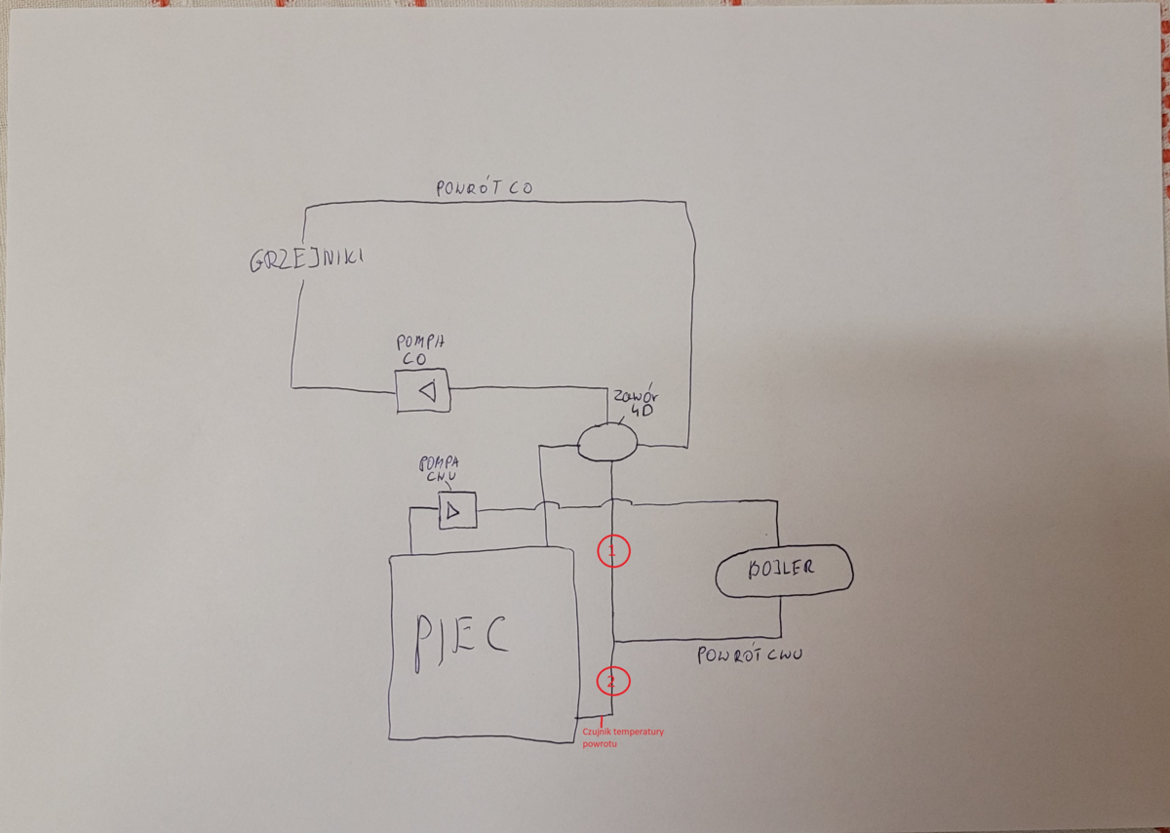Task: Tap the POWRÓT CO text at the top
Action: [x=485, y=188]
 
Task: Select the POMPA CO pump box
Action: [x=423, y=391]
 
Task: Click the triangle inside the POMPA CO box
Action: [x=426, y=392]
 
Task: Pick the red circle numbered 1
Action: [x=614, y=552]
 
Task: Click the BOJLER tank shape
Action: [x=783, y=570]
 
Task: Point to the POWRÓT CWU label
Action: [x=749, y=655]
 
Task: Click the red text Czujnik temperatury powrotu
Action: [x=622, y=737]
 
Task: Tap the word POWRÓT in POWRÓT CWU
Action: [x=726, y=655]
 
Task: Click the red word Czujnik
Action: [x=597, y=732]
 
